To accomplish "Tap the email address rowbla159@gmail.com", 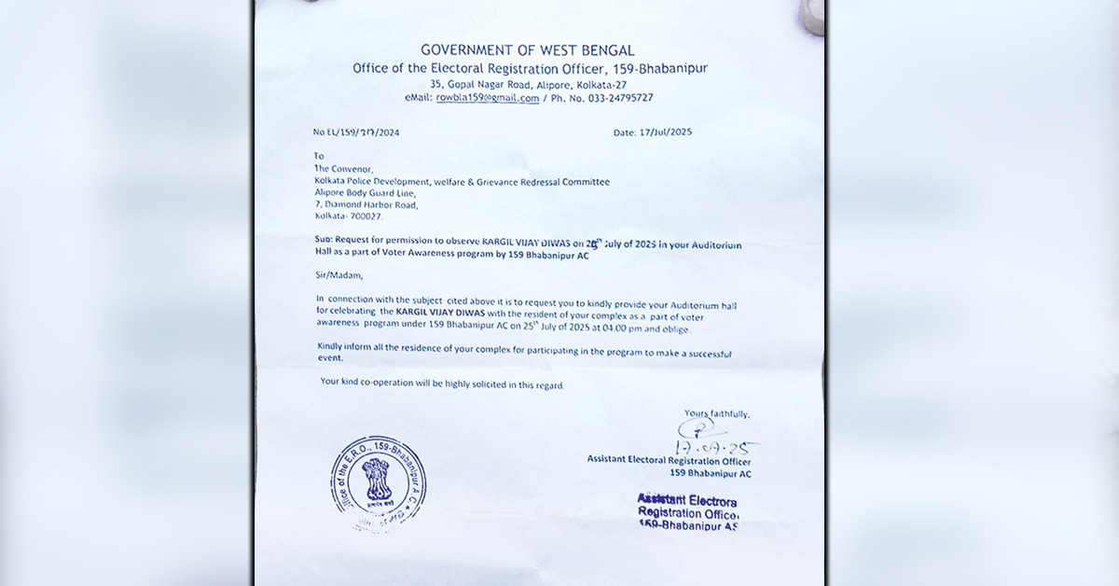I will pos(487,98).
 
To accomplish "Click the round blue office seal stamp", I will pos(379,483).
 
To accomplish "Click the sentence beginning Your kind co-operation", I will pos(442,384).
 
